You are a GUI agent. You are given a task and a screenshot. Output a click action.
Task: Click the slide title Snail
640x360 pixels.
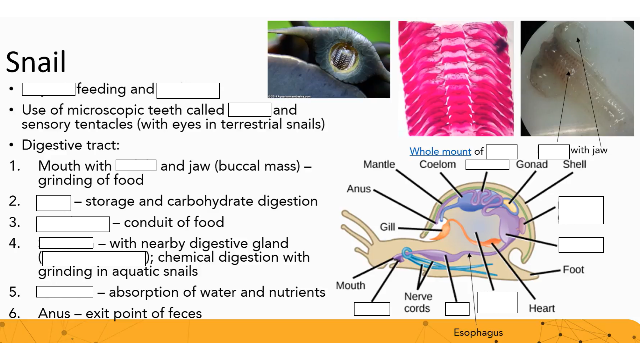pyautogui.click(x=36, y=62)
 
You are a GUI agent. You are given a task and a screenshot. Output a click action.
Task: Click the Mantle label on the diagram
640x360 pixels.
pyautogui.click(x=379, y=164)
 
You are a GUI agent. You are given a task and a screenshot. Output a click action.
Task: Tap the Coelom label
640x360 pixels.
pyautogui.click(x=437, y=164)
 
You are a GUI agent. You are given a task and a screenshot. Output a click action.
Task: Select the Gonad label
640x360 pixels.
pyautogui.click(x=532, y=164)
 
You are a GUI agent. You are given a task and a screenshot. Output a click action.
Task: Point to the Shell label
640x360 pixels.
pyautogui.click(x=574, y=164)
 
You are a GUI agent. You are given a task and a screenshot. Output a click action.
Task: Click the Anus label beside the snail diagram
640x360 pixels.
pyautogui.click(x=359, y=189)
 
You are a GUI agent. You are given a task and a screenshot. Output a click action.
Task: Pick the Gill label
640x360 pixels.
pyautogui.click(x=387, y=227)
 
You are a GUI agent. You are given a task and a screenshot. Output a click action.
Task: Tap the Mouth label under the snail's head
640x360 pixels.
pyautogui.click(x=350, y=286)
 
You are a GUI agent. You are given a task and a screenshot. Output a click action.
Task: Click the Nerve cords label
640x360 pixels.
pyautogui.click(x=418, y=302)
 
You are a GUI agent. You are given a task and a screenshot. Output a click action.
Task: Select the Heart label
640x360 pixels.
pyautogui.click(x=542, y=308)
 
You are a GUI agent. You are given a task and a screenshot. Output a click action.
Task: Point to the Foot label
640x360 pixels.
pyautogui.click(x=573, y=269)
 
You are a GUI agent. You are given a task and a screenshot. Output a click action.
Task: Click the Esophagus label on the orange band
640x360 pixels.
pyautogui.click(x=478, y=332)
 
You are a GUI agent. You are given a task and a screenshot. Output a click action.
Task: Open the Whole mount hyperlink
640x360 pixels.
pyautogui.click(x=440, y=151)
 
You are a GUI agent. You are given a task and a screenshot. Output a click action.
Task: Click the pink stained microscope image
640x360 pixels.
pyautogui.click(x=456, y=78)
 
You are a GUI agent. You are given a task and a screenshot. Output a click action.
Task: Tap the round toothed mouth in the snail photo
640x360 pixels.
pyautogui.click(x=343, y=57)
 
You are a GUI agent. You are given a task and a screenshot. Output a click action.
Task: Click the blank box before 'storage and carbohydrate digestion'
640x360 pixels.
pyautogui.click(x=53, y=203)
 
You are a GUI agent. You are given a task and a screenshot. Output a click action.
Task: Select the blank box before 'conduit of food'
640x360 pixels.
pyautogui.click(x=73, y=224)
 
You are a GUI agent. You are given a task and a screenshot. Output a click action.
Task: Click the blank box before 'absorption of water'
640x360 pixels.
pyautogui.click(x=64, y=292)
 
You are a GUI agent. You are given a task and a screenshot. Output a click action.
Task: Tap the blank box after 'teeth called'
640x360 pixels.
pyautogui.click(x=249, y=110)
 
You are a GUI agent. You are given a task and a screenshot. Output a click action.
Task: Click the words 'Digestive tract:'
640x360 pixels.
pyautogui.click(x=70, y=145)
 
